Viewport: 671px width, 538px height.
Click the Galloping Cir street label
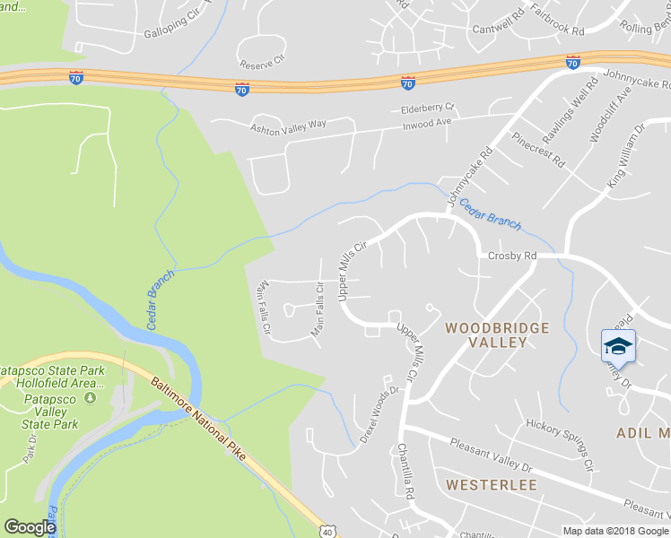(176, 35)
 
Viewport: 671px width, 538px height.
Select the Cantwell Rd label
(498, 22)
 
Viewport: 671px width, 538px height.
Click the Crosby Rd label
(512, 256)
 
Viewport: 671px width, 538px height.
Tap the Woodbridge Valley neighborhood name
(497, 335)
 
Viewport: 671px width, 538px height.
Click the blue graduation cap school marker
(618, 346)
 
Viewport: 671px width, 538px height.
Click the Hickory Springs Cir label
(560, 445)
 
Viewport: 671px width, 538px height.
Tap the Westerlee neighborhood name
(491, 485)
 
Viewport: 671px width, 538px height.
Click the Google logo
(30, 527)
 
